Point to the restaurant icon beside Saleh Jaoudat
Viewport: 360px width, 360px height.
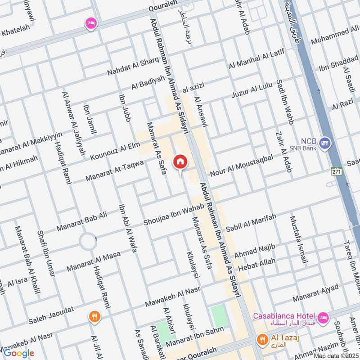(94, 316)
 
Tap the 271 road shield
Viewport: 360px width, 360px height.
(335, 171)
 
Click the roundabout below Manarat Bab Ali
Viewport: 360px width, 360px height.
(87, 242)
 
